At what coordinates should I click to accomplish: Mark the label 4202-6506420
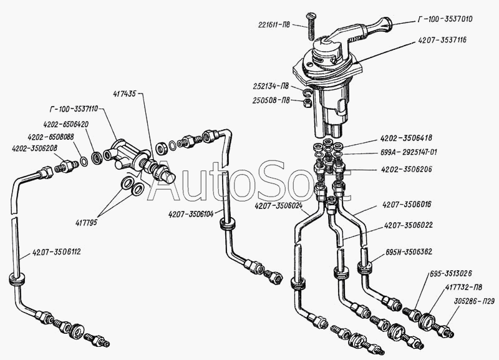(65, 124)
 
